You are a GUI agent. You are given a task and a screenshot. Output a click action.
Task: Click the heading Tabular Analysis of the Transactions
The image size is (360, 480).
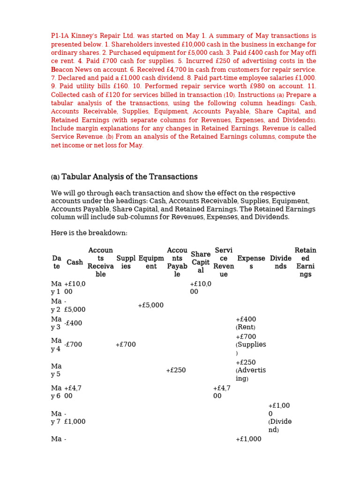[124, 177]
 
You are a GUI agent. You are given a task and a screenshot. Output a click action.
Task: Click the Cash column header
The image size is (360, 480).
[75, 262]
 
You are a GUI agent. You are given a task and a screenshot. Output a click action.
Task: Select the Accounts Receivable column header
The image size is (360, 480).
[100, 262]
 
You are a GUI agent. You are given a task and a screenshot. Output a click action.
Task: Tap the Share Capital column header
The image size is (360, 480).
[201, 262]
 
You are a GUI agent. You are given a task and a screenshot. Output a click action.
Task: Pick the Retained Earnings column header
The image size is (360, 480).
[305, 262]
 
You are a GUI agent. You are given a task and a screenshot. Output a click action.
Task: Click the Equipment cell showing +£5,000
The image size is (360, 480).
[150, 305]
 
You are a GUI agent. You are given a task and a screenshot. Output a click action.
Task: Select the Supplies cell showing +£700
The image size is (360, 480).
[126, 345]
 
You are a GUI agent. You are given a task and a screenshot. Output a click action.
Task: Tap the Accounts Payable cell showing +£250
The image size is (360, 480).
[176, 370]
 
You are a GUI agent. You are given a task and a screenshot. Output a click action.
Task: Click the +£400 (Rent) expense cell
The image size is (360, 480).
[246, 323]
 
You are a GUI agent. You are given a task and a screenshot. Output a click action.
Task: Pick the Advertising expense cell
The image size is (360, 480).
[250, 370]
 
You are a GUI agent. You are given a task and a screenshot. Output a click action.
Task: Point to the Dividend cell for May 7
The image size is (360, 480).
[279, 418]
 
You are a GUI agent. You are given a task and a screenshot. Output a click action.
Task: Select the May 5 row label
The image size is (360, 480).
[56, 370]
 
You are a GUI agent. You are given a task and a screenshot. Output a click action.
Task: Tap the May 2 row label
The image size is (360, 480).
[56, 305]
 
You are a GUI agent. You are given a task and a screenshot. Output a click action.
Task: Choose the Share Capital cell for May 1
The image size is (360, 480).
[201, 287]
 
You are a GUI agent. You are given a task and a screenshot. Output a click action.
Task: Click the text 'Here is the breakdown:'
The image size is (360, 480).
[89, 233]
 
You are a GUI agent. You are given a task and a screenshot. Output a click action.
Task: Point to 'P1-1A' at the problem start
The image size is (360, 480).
[60, 36]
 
